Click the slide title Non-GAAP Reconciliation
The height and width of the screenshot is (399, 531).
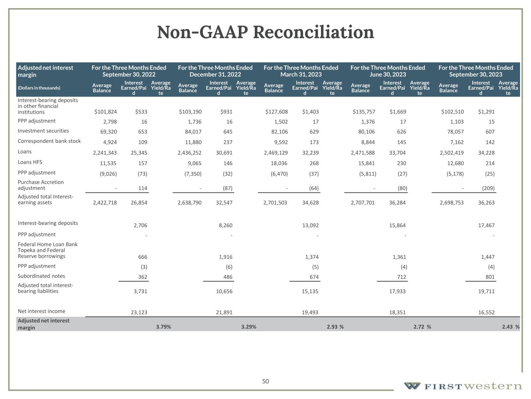[265, 32]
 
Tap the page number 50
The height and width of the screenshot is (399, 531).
[265, 381]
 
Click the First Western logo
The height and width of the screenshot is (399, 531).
[463, 386]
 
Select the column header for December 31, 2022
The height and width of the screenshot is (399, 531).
[215, 71]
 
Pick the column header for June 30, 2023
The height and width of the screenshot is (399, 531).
[387, 71]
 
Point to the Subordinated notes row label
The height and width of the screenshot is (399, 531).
[41, 276]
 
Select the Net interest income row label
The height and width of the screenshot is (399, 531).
[41, 311]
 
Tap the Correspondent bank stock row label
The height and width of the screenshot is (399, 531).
[49, 141]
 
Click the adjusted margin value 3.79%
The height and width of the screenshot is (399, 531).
[163, 327]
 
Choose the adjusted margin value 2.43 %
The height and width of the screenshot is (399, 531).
[510, 327]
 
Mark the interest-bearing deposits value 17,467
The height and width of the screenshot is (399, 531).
[486, 225]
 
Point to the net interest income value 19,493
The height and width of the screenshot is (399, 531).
[310, 312]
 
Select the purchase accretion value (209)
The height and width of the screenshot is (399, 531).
[488, 188]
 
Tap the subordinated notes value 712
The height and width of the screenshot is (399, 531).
[401, 277]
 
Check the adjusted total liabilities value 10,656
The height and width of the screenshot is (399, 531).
[224, 291]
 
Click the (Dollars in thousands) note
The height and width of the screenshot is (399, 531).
[39, 88]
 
